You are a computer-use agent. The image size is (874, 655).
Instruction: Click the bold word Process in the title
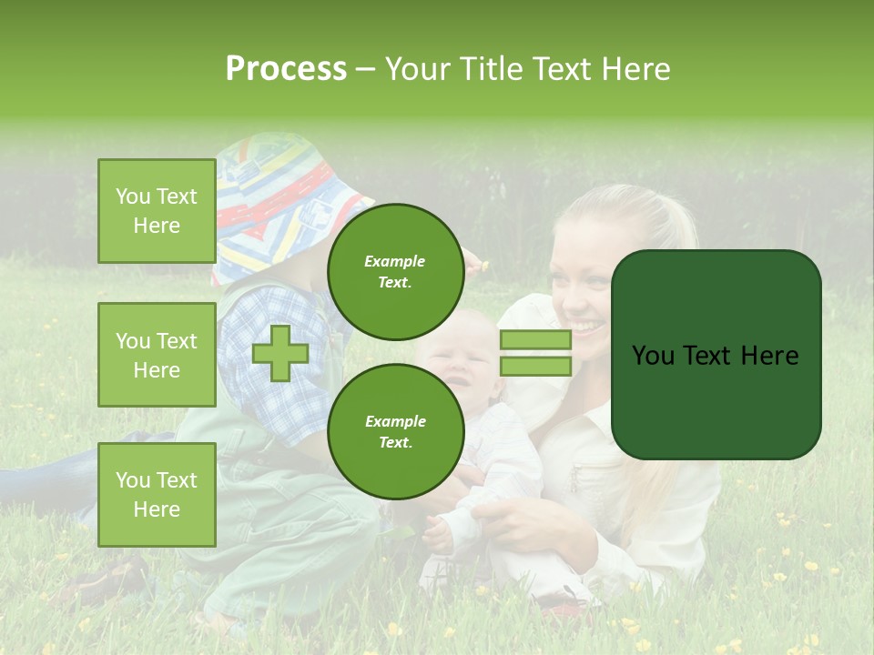[286, 69]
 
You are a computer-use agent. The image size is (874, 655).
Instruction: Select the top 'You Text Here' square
[157, 211]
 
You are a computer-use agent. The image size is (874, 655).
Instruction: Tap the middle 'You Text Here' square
[157, 355]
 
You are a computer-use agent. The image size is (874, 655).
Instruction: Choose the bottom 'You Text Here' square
[157, 495]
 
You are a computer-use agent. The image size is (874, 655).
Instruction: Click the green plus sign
[280, 353]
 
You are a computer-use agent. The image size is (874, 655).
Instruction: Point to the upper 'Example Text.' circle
[395, 271]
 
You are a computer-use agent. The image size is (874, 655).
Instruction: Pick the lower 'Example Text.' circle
[395, 431]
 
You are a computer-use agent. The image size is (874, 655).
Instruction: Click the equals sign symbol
[535, 353]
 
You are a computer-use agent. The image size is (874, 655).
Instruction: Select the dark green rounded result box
[716, 355]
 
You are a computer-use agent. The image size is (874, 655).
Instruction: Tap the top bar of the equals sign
[535, 339]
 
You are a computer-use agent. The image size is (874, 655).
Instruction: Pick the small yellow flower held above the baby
[485, 265]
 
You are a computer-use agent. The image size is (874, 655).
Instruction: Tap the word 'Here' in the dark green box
[769, 356]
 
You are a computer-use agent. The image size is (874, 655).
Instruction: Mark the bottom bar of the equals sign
[535, 366]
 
